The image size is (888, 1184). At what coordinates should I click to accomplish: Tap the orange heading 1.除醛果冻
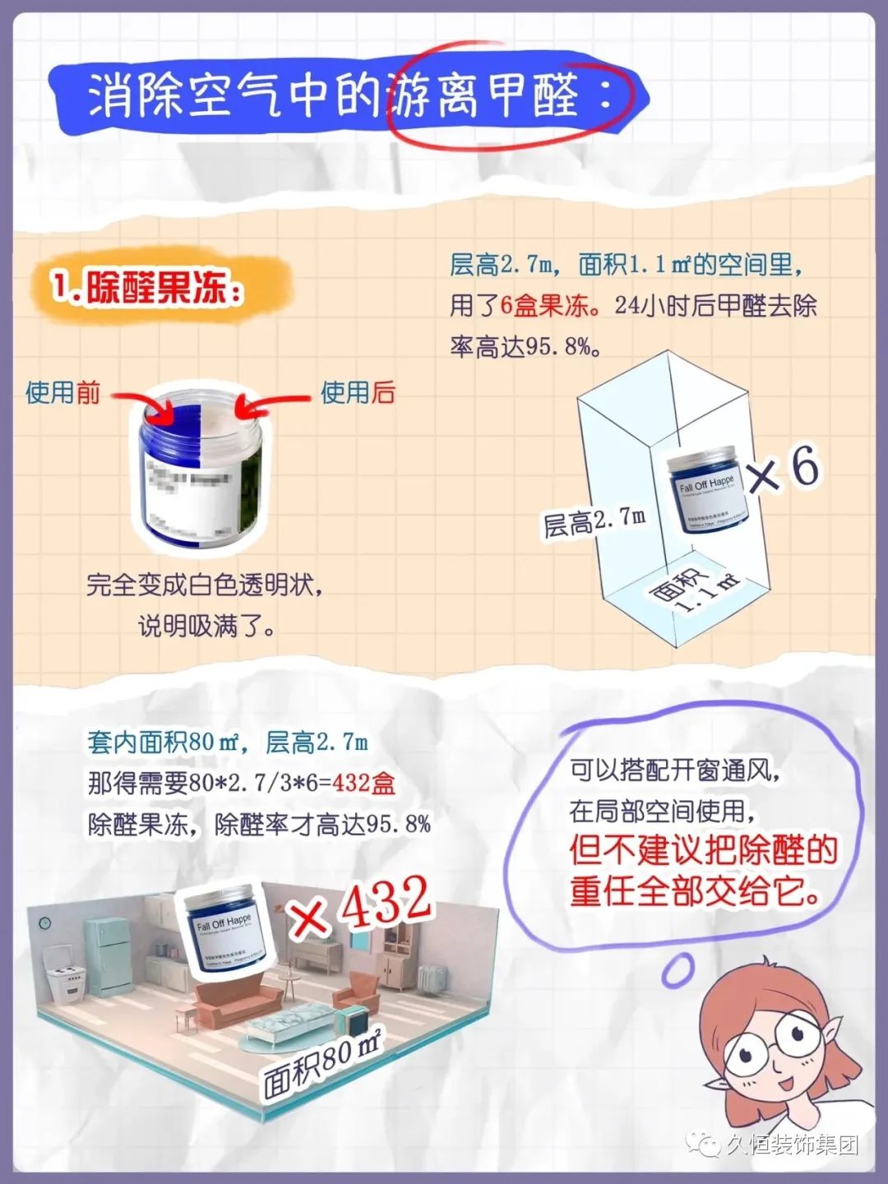tap(148, 289)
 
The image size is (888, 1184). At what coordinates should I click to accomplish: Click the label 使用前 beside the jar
tap(62, 392)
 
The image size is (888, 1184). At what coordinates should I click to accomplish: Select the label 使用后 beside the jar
tap(358, 392)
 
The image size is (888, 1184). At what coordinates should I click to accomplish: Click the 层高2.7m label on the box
tap(594, 521)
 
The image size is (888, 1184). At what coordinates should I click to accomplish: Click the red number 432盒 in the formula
tap(363, 783)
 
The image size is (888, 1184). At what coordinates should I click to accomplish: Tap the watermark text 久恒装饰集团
tap(791, 1145)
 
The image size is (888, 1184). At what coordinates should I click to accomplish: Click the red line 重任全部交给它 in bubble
tap(696, 891)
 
